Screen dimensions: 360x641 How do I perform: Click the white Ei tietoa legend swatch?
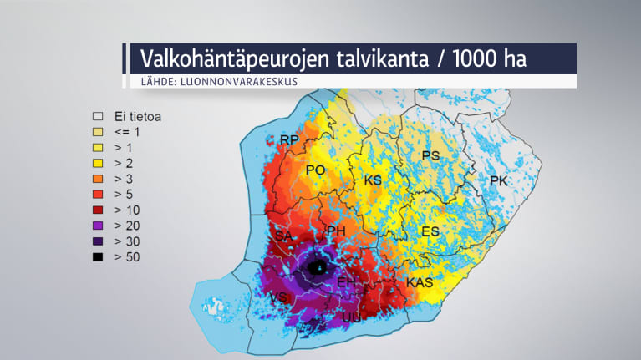[x=98, y=118]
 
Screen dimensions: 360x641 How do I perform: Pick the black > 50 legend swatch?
[x=98, y=257]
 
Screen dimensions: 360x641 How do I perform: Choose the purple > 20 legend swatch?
[x=98, y=226]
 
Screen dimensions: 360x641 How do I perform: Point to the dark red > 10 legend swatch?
[x=98, y=210]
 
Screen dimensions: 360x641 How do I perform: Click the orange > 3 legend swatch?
[x=98, y=179]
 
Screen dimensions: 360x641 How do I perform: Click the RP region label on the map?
[x=289, y=139]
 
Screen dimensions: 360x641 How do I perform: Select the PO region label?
[x=315, y=170]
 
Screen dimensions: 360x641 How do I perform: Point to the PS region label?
[x=430, y=156]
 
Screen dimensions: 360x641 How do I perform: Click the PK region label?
[x=498, y=181]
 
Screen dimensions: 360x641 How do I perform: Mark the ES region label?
[x=430, y=231]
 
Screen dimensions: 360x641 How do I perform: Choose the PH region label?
[x=336, y=231]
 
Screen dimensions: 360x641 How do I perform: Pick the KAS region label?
[x=419, y=283]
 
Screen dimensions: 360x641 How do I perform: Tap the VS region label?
[x=280, y=298]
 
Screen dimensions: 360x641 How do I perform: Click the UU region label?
[x=351, y=317]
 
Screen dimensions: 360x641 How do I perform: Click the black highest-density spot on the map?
[x=318, y=268]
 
